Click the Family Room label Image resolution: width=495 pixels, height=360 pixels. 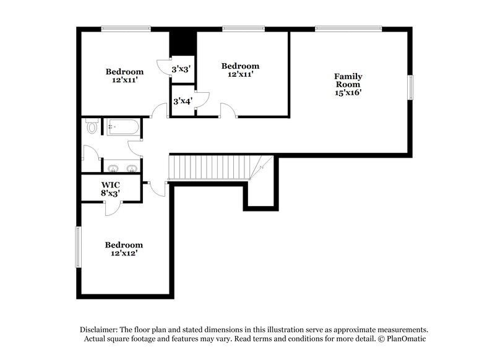tap(348, 80)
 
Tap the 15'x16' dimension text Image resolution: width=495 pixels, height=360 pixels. tap(348, 92)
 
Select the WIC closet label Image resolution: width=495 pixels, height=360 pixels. tap(111, 185)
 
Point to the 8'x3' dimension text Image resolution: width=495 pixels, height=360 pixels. tap(111, 194)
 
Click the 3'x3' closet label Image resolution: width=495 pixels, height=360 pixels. tap(181, 69)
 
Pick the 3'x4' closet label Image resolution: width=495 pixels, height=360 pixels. tap(183, 101)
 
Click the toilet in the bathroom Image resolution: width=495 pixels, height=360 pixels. tap(92, 127)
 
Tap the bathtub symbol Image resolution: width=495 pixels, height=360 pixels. tap(122, 128)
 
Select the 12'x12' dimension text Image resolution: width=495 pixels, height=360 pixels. tap(124, 253)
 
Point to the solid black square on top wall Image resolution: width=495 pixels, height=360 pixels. tap(183, 41)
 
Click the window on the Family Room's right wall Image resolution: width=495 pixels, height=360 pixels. tap(410, 86)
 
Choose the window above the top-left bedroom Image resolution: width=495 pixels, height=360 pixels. tap(126, 28)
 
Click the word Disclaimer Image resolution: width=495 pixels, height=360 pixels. tap(99, 330)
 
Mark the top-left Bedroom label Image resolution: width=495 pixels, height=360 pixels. tap(124, 71)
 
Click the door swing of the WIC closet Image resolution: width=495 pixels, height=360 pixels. tap(113, 208)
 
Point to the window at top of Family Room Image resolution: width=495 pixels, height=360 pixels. tap(348, 28)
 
